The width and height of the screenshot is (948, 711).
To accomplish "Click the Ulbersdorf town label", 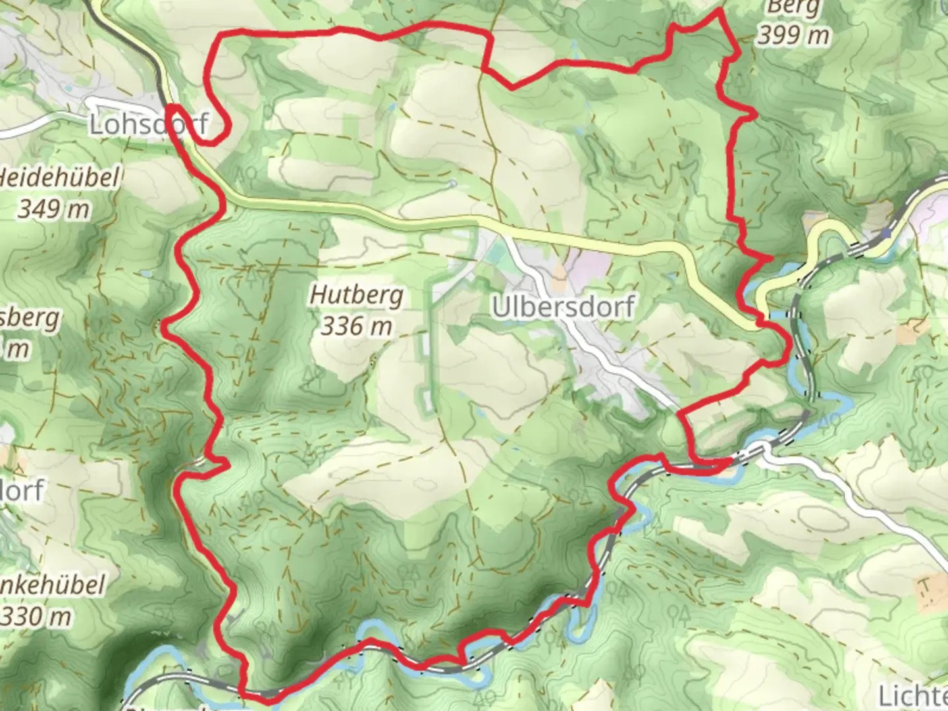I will pyautogui.click(x=563, y=307).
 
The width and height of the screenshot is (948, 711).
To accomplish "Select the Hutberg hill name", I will pyautogui.click(x=356, y=295).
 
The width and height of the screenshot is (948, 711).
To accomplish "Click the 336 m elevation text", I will pyautogui.click(x=356, y=326).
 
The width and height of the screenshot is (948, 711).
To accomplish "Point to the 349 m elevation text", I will pyautogui.click(x=54, y=209).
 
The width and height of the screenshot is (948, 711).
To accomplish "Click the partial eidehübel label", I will pyautogui.click(x=61, y=178).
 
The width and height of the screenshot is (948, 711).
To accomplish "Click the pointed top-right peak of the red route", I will pyautogui.click(x=719, y=11).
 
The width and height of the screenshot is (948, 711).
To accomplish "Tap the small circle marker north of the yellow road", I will pyautogui.click(x=453, y=184).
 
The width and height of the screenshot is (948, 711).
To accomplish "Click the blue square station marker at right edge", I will pyautogui.click(x=888, y=232).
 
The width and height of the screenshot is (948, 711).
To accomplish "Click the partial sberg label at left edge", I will pyautogui.click(x=30, y=319).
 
